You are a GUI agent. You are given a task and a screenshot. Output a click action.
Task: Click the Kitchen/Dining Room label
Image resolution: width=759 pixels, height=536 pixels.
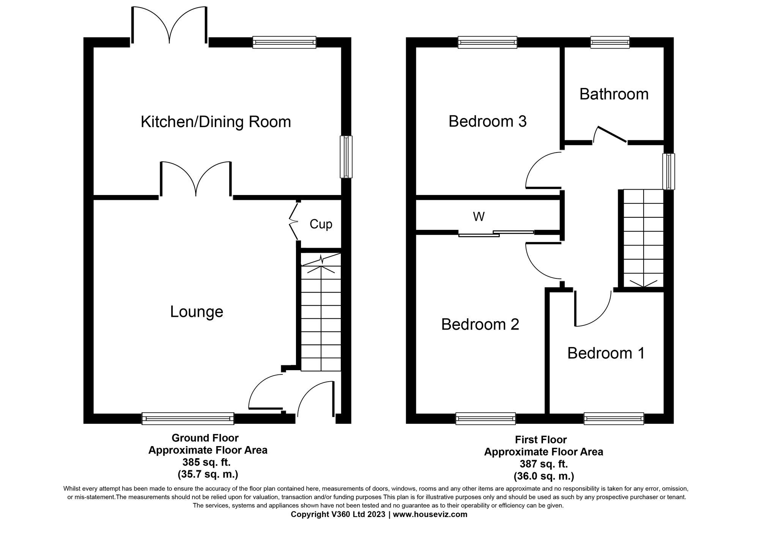(x=216, y=122)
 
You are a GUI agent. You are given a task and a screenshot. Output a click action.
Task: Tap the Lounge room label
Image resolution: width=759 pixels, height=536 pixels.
(x=196, y=312)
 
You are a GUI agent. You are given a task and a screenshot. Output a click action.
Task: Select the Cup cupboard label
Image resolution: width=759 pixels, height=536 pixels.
(x=321, y=224)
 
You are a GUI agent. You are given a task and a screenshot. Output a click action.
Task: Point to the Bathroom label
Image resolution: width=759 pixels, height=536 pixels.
(x=614, y=94)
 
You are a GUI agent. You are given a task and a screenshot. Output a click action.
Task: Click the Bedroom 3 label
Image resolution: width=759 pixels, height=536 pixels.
(x=487, y=121)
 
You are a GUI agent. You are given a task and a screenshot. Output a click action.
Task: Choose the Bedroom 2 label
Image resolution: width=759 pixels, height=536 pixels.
(x=480, y=324)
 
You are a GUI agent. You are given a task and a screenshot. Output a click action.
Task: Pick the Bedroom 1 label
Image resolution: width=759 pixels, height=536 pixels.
(x=606, y=353)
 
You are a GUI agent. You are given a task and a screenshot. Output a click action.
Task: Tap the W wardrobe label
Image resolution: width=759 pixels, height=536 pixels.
(x=479, y=217)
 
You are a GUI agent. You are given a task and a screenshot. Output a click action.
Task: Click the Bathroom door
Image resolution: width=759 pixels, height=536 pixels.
(x=610, y=135)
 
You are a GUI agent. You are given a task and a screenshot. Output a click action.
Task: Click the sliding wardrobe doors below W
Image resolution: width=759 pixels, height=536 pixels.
(x=496, y=233)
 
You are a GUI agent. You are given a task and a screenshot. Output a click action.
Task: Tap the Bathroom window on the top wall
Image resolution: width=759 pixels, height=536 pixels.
(x=610, y=42)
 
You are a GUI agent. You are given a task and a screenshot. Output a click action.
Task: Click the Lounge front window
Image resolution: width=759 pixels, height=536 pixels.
(x=188, y=418)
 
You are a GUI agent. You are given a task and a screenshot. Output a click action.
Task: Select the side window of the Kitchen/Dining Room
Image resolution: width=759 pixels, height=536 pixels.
(x=346, y=157)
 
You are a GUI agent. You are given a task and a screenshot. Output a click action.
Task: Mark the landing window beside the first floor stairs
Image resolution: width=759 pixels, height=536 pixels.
(x=668, y=171)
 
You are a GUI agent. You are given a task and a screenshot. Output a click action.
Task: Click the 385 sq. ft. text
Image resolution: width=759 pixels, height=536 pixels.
(x=206, y=462)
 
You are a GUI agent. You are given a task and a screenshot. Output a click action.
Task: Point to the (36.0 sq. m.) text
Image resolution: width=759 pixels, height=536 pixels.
(x=543, y=476)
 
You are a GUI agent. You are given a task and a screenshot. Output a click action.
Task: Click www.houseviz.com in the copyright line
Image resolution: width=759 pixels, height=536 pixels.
(x=430, y=515)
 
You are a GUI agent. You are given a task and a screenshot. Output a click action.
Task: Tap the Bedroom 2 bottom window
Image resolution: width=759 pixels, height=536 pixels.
(x=485, y=418)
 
